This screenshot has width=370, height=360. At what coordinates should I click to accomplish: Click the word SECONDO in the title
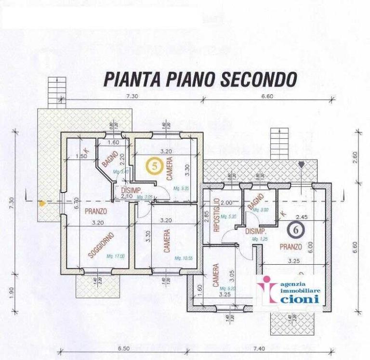(258, 79)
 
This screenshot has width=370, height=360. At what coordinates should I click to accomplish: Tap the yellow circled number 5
(154, 166)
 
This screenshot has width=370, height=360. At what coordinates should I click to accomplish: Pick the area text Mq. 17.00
(115, 257)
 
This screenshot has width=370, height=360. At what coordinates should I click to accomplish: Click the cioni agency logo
(289, 292)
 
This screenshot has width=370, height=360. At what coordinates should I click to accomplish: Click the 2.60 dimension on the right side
(356, 157)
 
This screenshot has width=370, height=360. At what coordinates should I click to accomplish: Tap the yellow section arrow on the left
(42, 203)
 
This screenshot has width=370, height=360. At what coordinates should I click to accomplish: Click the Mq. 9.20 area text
(229, 288)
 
